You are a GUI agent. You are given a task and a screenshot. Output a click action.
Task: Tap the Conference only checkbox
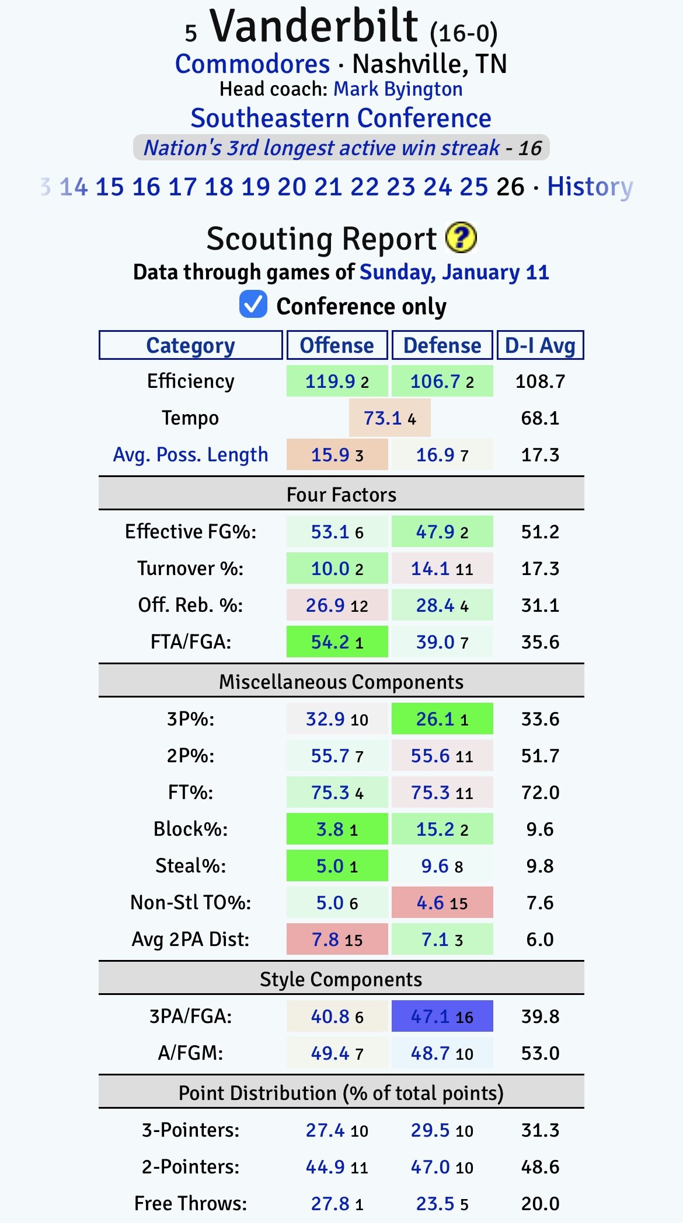(253, 305)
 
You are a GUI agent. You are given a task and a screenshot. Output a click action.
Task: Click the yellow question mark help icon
(461, 238)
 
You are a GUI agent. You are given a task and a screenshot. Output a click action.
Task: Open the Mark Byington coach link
(398, 89)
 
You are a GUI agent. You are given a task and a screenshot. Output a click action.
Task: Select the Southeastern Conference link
(341, 118)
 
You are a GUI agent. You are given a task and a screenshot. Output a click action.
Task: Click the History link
(590, 187)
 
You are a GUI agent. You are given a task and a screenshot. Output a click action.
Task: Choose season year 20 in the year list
(291, 187)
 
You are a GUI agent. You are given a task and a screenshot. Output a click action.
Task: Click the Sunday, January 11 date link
(454, 272)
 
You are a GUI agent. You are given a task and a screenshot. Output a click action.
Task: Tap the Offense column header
(337, 345)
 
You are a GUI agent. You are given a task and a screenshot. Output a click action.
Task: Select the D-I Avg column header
(540, 345)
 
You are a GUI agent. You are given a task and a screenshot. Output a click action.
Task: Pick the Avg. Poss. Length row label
(190, 455)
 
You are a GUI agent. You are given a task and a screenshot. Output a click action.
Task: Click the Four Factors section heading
(341, 495)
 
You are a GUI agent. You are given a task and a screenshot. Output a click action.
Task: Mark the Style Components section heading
(341, 979)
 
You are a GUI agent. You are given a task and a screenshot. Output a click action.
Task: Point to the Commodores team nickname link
(252, 64)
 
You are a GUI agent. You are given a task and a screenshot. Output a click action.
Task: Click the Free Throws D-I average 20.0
(540, 1204)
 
